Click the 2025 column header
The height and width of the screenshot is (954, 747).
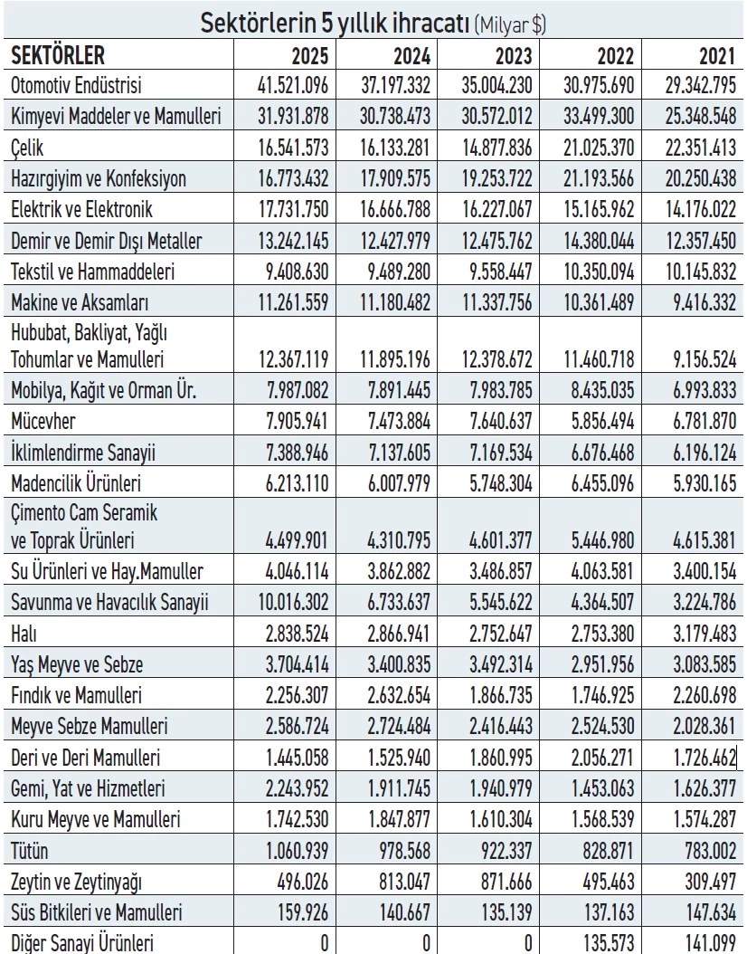click(x=310, y=56)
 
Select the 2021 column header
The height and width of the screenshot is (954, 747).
click(x=718, y=56)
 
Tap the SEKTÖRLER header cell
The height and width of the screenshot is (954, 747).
click(x=58, y=56)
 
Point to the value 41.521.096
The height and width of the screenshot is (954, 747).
click(x=293, y=86)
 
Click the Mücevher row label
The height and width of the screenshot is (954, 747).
click(x=44, y=420)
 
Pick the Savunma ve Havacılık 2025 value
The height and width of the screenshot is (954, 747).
click(x=293, y=603)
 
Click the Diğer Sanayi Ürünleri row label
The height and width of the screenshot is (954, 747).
click(x=82, y=943)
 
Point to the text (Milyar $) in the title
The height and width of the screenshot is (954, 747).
click(x=510, y=25)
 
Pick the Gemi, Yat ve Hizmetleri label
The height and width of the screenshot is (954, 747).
click(x=88, y=789)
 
